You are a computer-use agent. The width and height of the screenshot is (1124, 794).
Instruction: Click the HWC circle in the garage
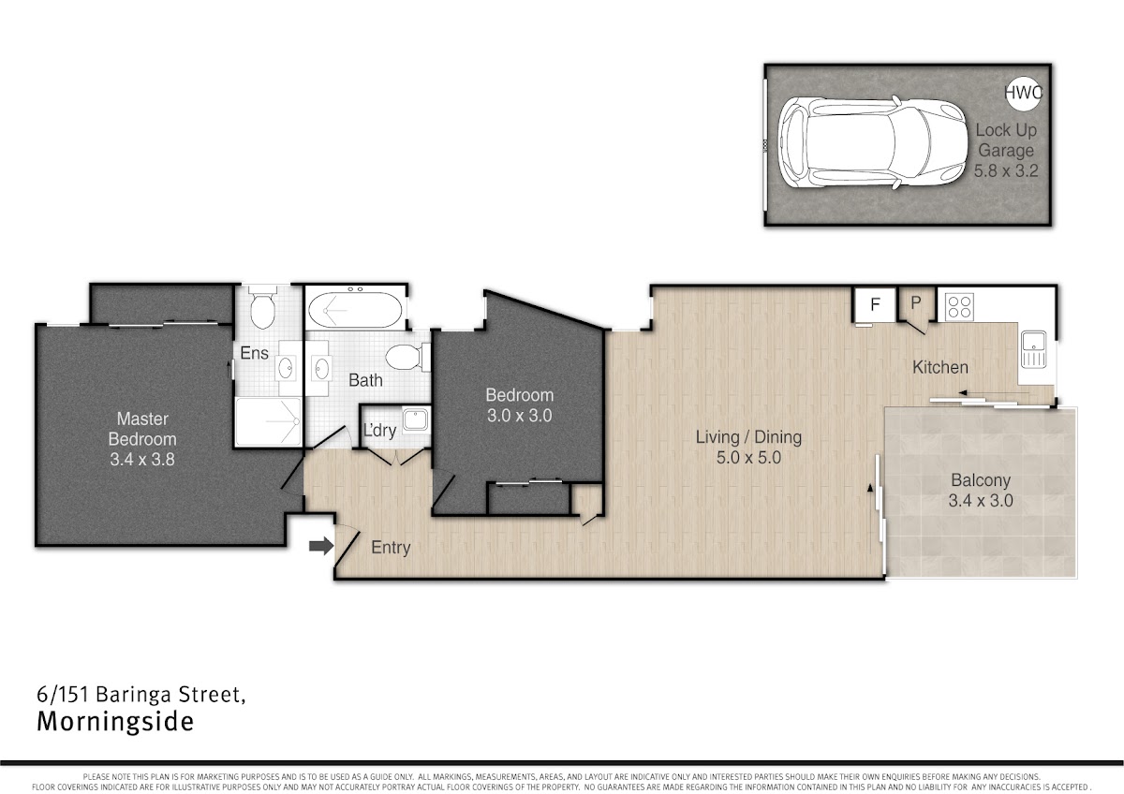click(1024, 93)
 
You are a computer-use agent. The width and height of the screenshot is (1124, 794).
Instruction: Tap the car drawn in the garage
click(873, 142)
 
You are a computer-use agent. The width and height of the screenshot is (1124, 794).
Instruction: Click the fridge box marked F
click(875, 304)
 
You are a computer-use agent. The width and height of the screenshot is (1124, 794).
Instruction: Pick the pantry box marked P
click(916, 303)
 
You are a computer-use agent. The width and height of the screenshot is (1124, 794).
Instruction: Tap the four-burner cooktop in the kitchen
click(959, 306)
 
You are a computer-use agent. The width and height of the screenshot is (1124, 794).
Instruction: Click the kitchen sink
click(1034, 349)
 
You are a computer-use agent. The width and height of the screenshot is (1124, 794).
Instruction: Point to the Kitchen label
click(939, 367)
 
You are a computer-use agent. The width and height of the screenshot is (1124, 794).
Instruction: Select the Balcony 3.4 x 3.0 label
click(981, 490)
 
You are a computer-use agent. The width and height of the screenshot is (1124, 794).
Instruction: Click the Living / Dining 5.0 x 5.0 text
click(748, 447)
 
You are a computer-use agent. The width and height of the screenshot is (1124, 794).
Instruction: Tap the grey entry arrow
click(321, 546)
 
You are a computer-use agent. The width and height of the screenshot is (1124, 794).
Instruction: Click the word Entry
click(391, 547)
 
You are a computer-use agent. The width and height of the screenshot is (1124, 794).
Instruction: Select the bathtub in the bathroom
click(355, 310)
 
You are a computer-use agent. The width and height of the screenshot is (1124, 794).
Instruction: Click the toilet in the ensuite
click(262, 307)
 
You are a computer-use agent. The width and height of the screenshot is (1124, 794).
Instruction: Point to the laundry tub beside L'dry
click(416, 419)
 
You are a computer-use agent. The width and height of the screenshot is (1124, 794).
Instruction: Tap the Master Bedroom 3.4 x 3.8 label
click(142, 439)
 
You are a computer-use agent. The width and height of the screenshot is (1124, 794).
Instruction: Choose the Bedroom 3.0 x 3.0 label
click(519, 405)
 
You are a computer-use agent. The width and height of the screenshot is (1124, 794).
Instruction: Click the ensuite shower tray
click(269, 421)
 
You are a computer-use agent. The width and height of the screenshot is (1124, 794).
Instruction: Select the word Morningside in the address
click(115, 722)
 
